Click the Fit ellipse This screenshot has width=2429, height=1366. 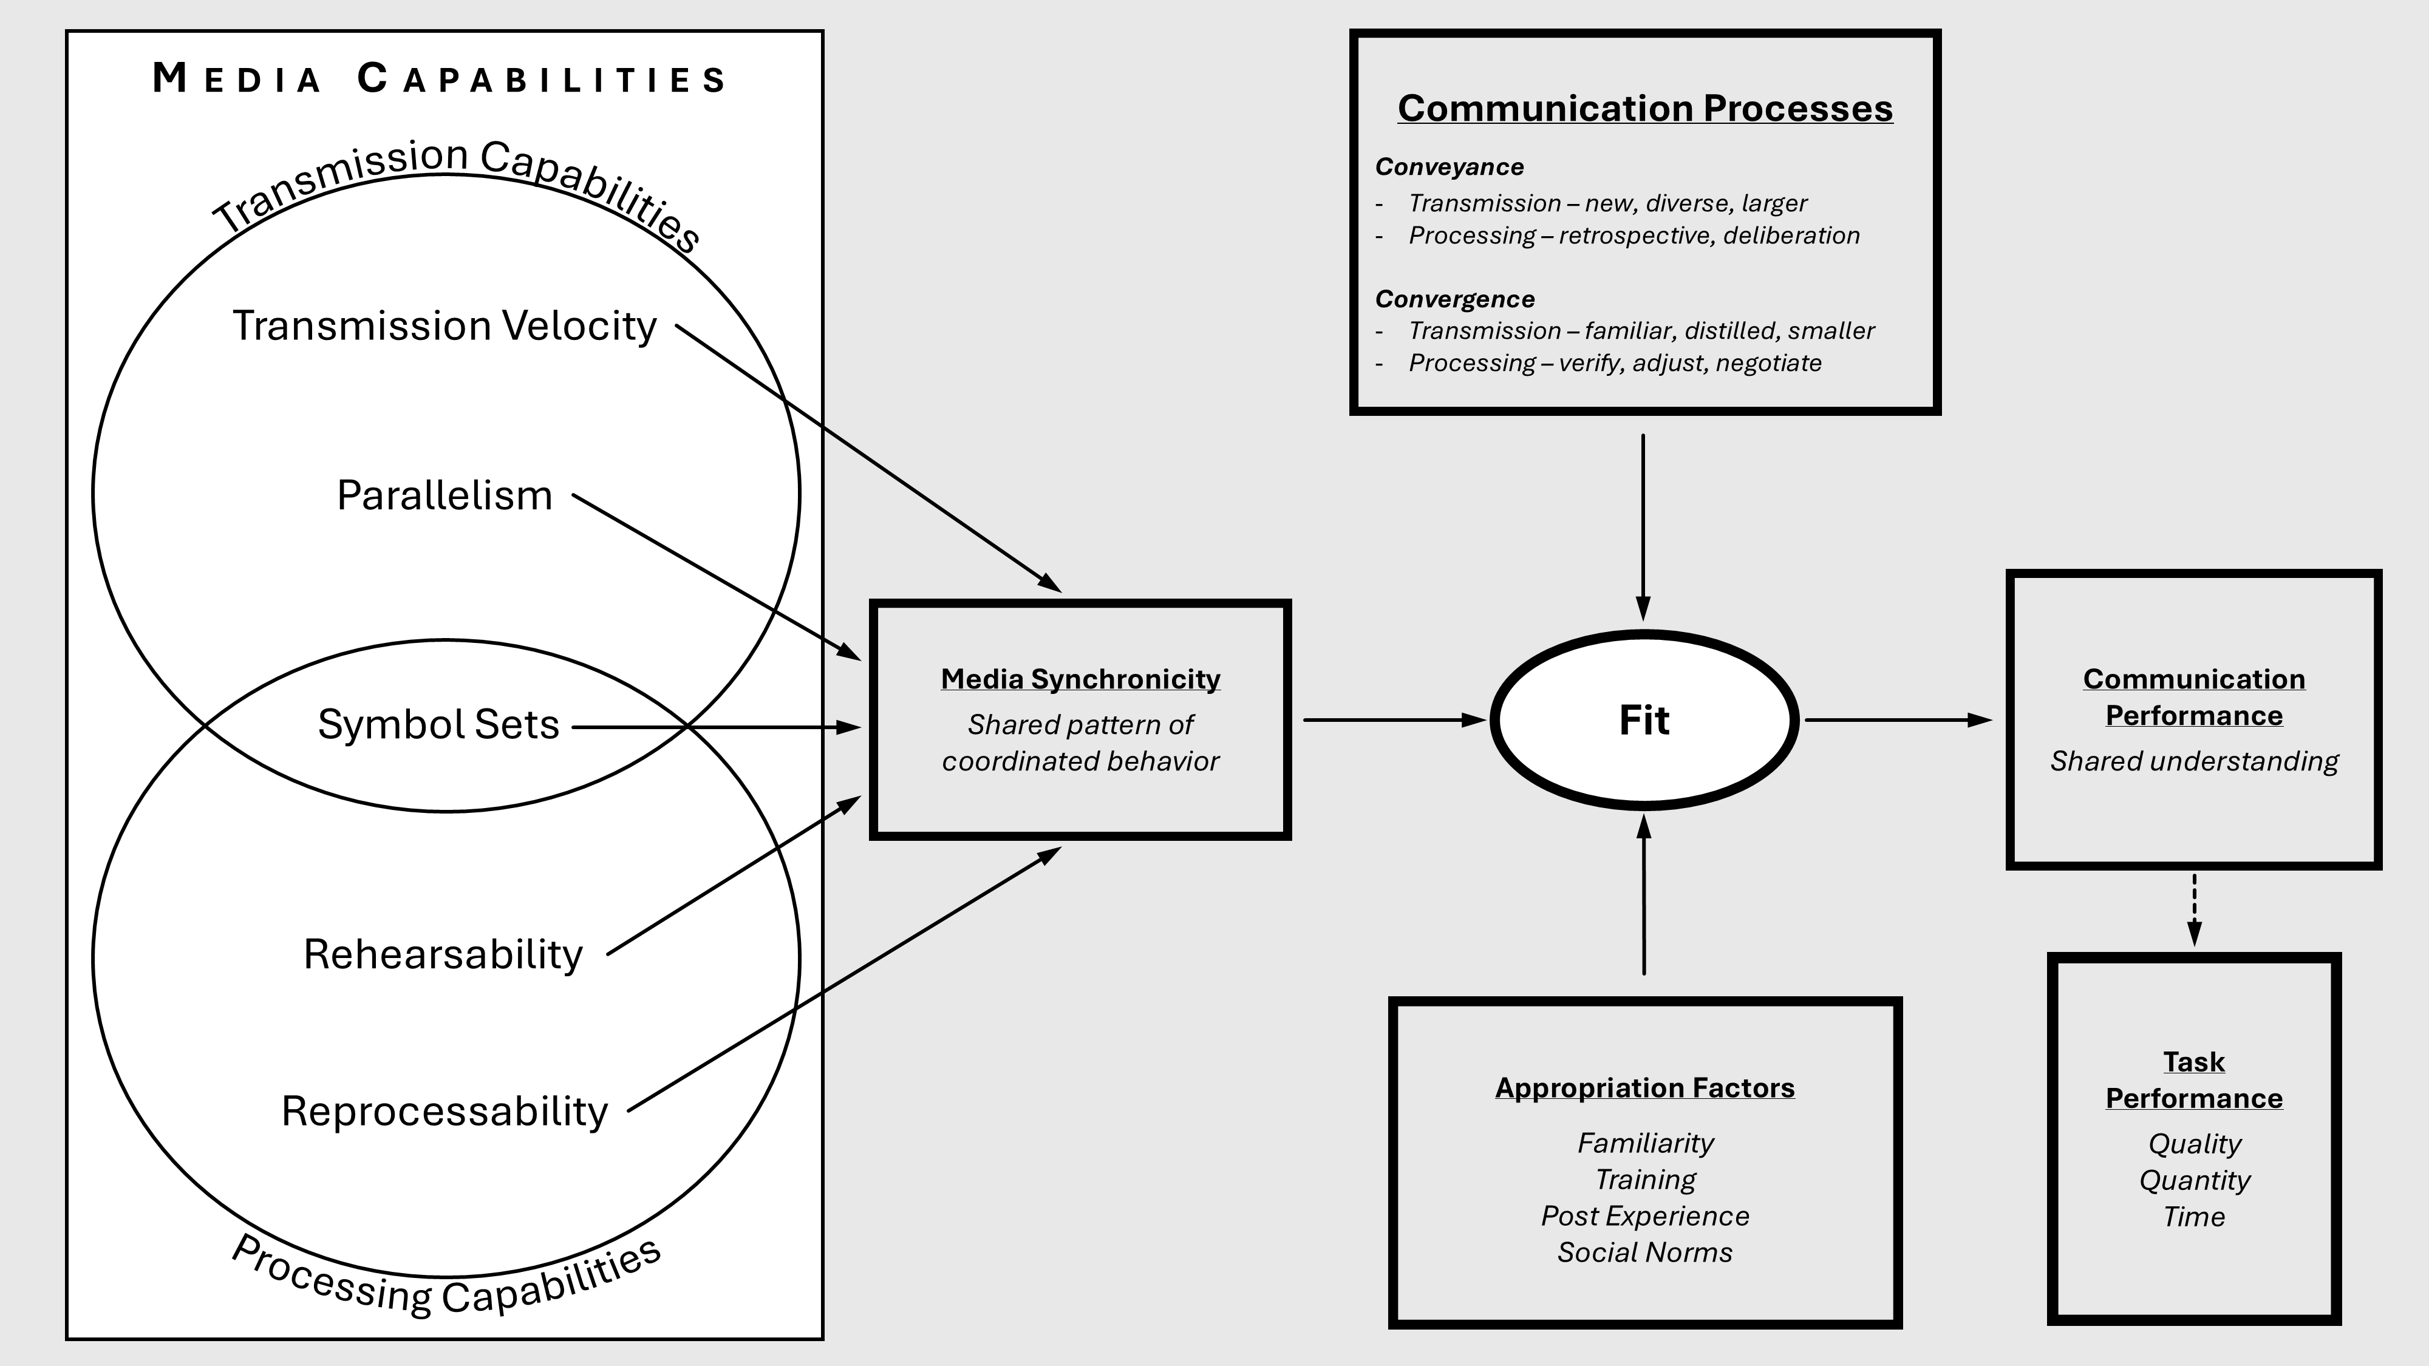point(1644,720)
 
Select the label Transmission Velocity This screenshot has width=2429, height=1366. point(444,326)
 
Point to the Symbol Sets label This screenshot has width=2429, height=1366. point(438,725)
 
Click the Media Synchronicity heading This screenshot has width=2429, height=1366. point(1081,679)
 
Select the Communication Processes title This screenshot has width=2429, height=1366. point(1644,109)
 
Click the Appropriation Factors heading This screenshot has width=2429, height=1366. point(1644,1088)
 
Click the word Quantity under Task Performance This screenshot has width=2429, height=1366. point(2194,1180)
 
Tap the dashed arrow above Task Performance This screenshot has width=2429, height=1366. point(2194,909)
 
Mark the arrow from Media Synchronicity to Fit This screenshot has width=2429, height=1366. point(1394,720)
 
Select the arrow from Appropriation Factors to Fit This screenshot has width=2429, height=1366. point(1644,895)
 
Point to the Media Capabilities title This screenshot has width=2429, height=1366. point(440,79)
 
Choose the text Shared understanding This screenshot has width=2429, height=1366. point(2194,761)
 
